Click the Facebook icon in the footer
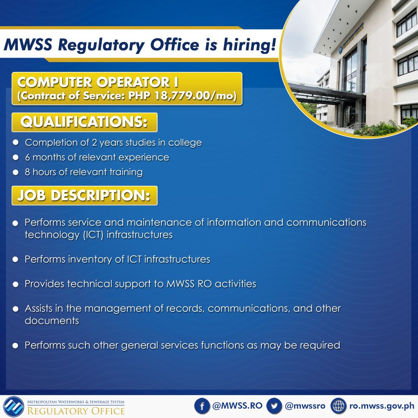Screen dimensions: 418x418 202,406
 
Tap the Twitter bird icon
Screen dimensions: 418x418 274,406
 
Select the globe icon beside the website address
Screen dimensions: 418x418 338,406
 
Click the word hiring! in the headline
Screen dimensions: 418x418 249,44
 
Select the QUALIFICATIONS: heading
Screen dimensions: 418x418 84,122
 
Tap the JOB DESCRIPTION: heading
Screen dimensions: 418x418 84,196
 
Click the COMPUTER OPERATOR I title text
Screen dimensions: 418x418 98,82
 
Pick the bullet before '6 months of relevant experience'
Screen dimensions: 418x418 16,157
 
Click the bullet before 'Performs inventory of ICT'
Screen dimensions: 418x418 16,259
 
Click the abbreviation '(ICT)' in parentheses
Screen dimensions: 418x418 93,235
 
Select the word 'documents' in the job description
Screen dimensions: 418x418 52,320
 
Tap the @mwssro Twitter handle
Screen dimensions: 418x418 305,406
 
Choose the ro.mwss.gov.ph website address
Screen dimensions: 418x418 382,406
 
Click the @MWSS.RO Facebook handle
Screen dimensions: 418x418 237,406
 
